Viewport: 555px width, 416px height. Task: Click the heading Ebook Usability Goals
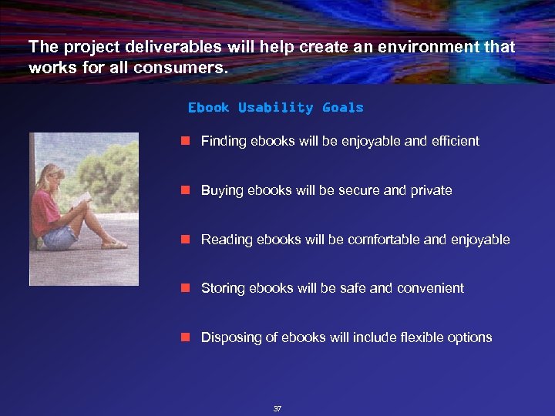pyautogui.click(x=275, y=108)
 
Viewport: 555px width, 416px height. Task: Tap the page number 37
pyautogui.click(x=277, y=408)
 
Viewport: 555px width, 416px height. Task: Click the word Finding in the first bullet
pyautogui.click(x=224, y=141)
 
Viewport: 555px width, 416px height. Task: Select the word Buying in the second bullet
pyautogui.click(x=222, y=190)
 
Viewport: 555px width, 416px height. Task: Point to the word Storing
pyautogui.click(x=222, y=288)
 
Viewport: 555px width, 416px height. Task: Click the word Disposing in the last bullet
pyautogui.click(x=229, y=337)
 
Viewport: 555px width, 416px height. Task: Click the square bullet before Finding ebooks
pyautogui.click(x=185, y=141)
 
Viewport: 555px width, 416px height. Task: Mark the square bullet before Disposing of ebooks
pyautogui.click(x=185, y=337)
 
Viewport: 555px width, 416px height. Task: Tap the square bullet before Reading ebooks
pyautogui.click(x=185, y=240)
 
